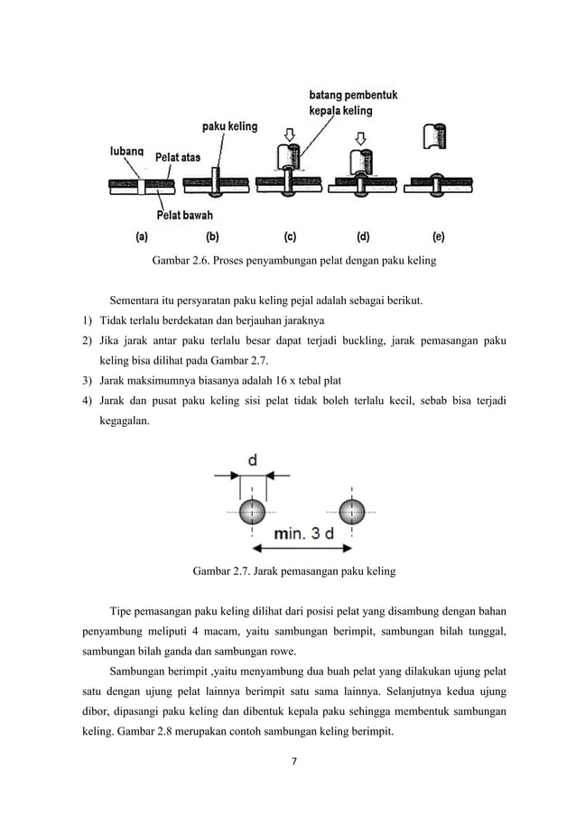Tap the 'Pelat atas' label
click(178, 157)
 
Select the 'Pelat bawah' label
click(184, 215)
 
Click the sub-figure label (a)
click(142, 238)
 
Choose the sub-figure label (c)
click(290, 238)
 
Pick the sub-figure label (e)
click(438, 238)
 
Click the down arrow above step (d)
click(362, 138)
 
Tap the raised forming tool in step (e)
click(436, 136)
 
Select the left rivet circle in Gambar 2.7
click(252, 510)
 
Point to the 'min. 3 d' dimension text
click(303, 533)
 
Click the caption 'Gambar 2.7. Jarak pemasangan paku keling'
click(293, 571)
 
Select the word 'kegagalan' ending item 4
click(125, 419)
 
